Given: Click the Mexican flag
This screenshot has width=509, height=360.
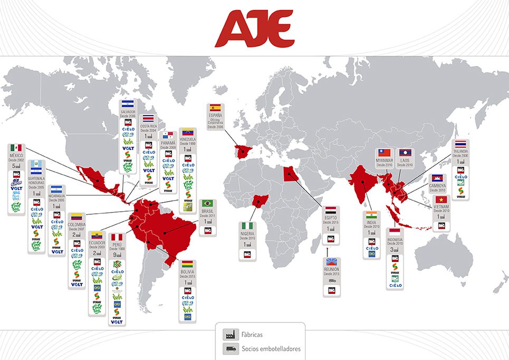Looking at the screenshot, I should pyautogui.click(x=15, y=148).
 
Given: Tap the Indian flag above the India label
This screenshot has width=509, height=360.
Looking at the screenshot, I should pyautogui.click(x=372, y=215).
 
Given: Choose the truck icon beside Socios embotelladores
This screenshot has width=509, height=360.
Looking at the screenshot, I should pyautogui.click(x=230, y=348).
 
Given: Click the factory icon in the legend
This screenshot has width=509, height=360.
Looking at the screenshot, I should pyautogui.click(x=230, y=335).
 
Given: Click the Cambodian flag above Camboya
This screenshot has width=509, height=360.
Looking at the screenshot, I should pyautogui.click(x=438, y=178).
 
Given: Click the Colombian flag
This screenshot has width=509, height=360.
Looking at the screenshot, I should pyautogui.click(x=76, y=216).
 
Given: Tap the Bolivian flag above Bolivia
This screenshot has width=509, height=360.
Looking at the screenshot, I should pyautogui.click(x=188, y=263).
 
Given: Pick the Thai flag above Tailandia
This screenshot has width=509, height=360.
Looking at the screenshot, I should pyautogui.click(x=460, y=144).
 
